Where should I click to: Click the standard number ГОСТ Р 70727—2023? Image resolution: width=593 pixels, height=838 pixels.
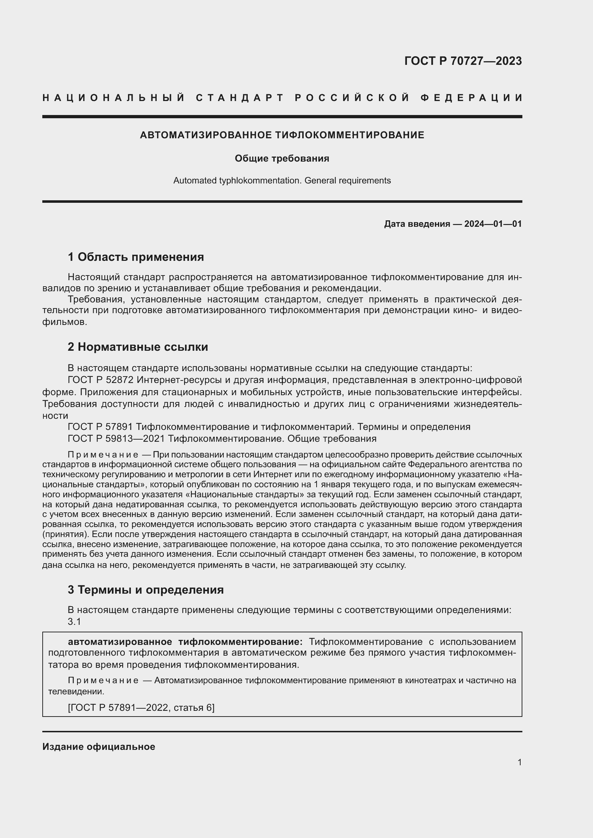462,61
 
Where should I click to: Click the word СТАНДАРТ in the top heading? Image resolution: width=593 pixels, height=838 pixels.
239,98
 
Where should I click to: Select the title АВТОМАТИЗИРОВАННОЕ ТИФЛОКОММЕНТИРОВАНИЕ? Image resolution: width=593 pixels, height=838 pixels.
282,135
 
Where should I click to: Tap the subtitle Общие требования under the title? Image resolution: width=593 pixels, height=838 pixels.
282,158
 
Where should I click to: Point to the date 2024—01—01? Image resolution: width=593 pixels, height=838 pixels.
493,224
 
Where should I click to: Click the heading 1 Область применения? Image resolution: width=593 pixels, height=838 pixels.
136,257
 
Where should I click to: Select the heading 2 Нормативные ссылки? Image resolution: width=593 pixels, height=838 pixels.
138,347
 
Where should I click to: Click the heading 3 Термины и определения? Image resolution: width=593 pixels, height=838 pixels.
145,590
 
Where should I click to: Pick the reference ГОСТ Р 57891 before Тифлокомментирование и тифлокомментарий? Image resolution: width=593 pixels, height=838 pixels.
100,427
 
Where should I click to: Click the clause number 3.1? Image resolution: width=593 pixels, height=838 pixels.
74,622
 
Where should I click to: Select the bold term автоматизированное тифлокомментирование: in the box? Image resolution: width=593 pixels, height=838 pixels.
185,642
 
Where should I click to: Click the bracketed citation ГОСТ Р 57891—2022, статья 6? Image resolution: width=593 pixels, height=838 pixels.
141,708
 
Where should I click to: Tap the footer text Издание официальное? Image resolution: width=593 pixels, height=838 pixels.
99,747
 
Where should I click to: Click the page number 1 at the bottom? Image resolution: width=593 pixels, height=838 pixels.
519,762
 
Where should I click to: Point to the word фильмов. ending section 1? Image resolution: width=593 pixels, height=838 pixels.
65,322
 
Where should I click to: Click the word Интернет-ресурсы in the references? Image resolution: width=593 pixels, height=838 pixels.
179,380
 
